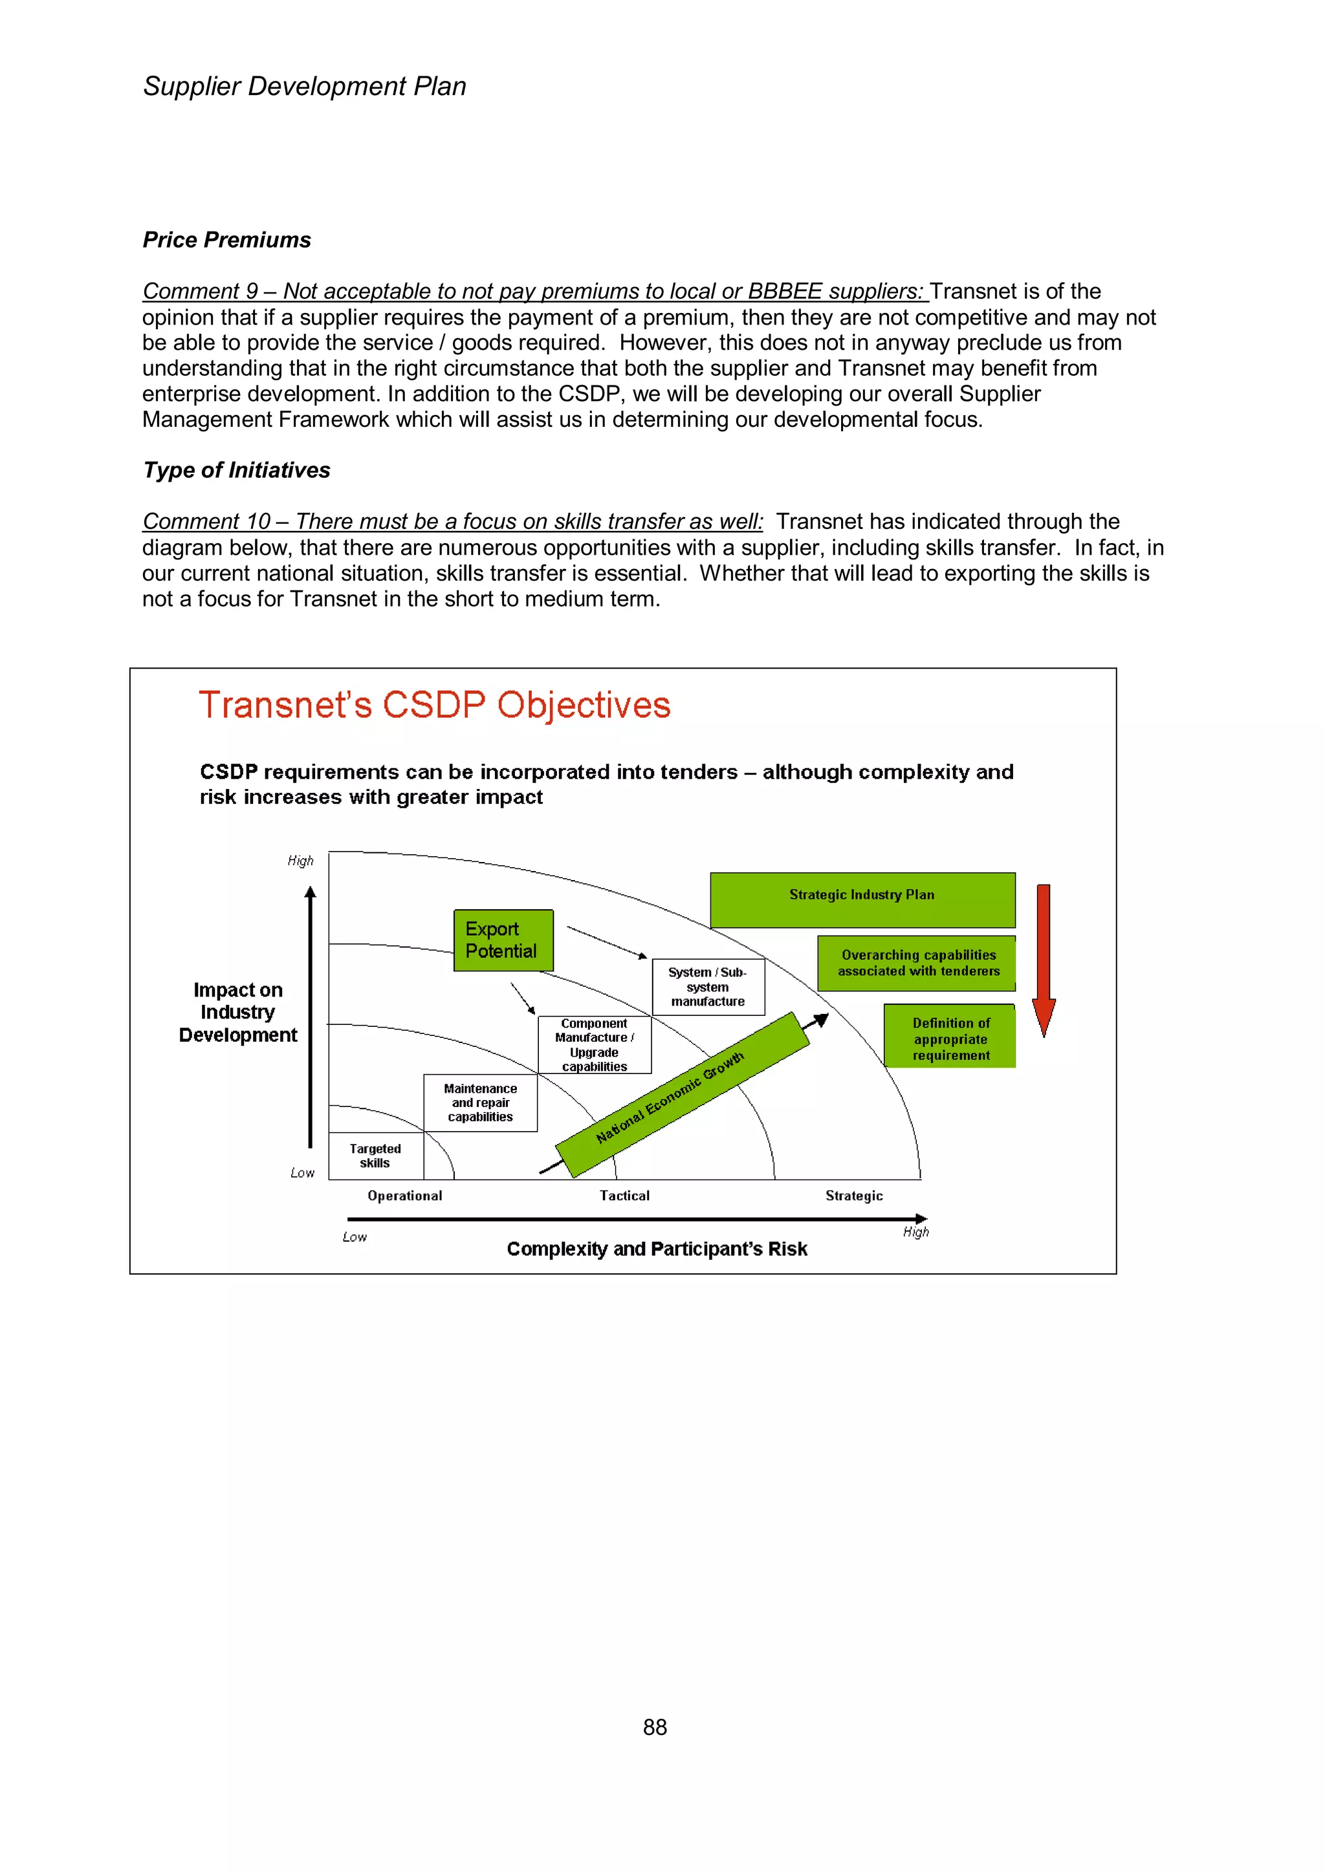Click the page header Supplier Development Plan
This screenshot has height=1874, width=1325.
[x=305, y=87]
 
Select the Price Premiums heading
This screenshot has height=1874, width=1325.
[x=227, y=240]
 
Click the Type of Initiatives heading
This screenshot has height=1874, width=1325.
[x=237, y=470]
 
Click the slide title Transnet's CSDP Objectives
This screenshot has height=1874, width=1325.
[x=434, y=705]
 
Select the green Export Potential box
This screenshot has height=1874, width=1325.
[x=503, y=940]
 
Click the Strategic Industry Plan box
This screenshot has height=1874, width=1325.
[x=862, y=899]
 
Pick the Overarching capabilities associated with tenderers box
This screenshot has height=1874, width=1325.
[x=917, y=963]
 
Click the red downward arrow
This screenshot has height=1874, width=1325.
[x=1044, y=959]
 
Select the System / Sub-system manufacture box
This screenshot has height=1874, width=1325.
[x=708, y=987]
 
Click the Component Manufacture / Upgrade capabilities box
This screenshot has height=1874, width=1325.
[x=595, y=1045]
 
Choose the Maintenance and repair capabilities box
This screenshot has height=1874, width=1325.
[x=480, y=1103]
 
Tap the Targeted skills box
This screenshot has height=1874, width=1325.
[x=375, y=1156]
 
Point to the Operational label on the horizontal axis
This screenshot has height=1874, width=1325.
[x=405, y=1196]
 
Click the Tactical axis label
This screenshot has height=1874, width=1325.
[x=624, y=1196]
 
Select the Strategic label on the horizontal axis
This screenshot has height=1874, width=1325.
[x=854, y=1196]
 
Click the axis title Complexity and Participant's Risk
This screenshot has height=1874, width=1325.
[x=657, y=1249]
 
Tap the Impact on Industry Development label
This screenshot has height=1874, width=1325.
[x=237, y=1012]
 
